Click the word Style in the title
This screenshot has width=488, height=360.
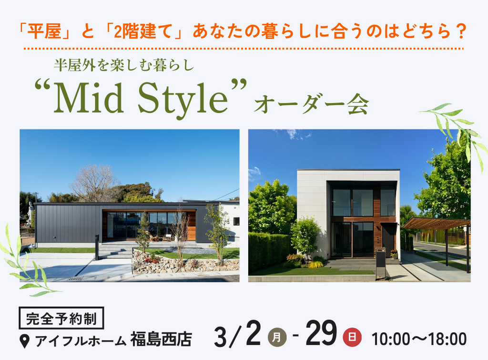click(x=183, y=100)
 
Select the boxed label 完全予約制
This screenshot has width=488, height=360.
click(x=61, y=318)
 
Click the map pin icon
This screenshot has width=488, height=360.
click(x=24, y=341)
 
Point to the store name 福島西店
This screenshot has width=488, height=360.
click(x=161, y=339)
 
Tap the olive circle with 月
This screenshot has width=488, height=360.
click(x=277, y=338)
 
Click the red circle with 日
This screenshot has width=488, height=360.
click(x=352, y=338)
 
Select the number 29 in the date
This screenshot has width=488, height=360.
click(x=322, y=333)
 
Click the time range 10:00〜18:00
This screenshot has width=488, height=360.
click(x=419, y=339)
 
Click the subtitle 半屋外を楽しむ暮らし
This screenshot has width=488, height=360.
click(x=124, y=65)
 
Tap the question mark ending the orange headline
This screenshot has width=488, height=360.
click(x=460, y=31)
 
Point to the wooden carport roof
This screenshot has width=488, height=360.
click(x=436, y=223)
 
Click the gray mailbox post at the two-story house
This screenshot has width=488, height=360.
click(x=381, y=263)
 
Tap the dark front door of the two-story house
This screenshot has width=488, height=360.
click(x=388, y=240)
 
